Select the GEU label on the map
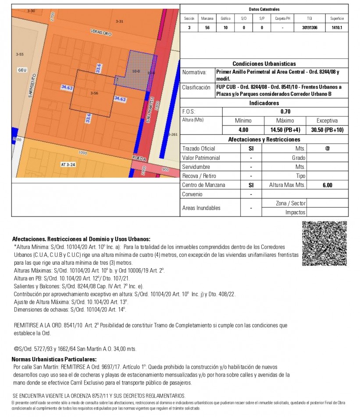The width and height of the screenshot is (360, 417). point(22,70)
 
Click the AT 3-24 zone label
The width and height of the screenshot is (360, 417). point(68,165)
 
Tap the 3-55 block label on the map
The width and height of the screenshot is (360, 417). point(19,54)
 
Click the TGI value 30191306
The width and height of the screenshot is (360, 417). point(310,28)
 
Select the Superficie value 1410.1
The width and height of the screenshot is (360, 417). point(337,28)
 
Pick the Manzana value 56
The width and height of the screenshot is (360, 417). point(207,28)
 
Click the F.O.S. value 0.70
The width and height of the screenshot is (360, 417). point(285,111)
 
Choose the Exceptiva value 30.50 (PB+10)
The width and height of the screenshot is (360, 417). point(327,130)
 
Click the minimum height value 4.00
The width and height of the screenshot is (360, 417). point(243,130)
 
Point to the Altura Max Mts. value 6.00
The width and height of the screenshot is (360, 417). point(327,185)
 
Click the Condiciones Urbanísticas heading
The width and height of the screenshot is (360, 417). point(264,64)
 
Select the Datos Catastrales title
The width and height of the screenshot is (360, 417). point(264,9)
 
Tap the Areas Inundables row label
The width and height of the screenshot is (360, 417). point(201,208)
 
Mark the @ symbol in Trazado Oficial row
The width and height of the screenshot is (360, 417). point(327,148)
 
